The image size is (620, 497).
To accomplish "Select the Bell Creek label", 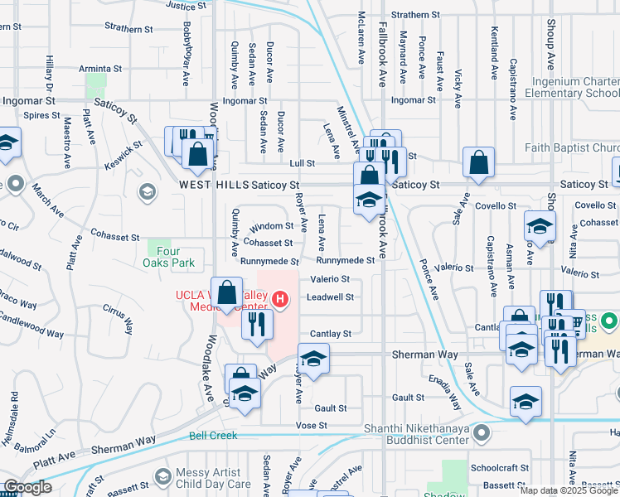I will pos(213,436).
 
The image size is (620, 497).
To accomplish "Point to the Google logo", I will pos(28,487).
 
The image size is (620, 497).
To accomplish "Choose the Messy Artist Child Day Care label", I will pos(213,478).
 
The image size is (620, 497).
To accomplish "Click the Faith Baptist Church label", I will pos(573,149).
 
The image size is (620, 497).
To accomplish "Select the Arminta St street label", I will pos(101,69).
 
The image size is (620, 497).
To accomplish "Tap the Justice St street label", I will pos(186,5).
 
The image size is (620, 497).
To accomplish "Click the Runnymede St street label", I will pos(268,261).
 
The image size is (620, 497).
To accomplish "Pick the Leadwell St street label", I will pos(331,297).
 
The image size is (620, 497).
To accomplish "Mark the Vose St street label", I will pos(312,425).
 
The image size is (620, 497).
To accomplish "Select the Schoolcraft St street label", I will pos(499,467).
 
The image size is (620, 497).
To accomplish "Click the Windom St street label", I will pos(272,225).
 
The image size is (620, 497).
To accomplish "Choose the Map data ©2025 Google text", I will pos(569,490).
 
